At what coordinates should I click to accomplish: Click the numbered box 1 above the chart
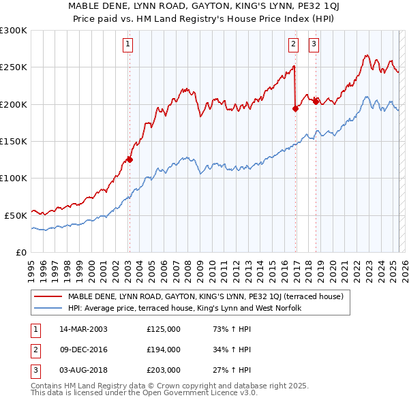(x=128, y=45)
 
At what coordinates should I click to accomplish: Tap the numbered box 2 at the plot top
(x=293, y=45)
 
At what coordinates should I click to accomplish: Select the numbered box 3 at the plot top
(x=314, y=45)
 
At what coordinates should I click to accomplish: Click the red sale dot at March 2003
(x=130, y=160)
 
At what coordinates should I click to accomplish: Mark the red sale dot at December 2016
(x=295, y=108)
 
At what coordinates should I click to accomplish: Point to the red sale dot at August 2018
(x=316, y=102)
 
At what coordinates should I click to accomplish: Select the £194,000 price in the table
(x=164, y=350)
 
